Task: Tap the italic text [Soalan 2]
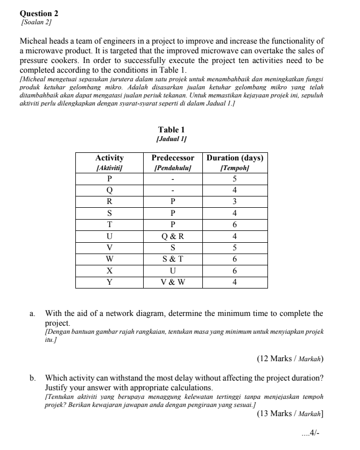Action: coord(36,22)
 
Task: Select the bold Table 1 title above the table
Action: coord(171,130)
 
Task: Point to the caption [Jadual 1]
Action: coord(171,139)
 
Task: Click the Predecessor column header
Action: coord(173,158)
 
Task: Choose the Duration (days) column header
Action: coord(235,158)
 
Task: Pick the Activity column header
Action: coord(109,158)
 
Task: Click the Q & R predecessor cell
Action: coord(173,236)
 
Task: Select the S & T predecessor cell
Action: coord(173,259)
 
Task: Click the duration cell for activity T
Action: coord(235,224)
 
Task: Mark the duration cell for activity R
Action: coord(235,201)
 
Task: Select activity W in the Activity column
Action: coord(109,259)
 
